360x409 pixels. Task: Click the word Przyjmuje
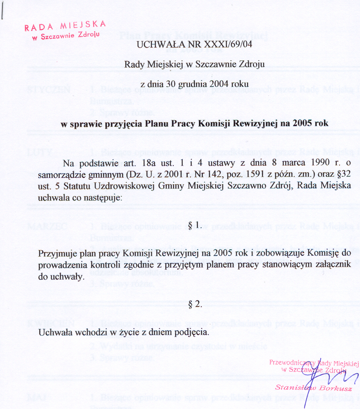coord(56,254)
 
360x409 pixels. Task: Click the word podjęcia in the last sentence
coord(194,332)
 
